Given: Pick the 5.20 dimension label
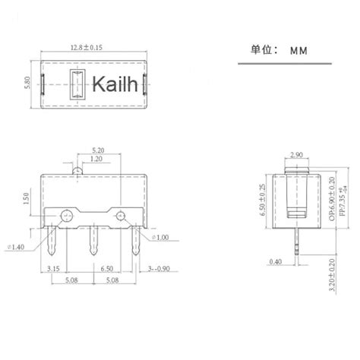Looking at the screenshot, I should pyautogui.click(x=98, y=150).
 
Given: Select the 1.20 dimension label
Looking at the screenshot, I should pyautogui.click(x=96, y=160).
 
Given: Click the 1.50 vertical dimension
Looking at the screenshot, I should pyautogui.click(x=28, y=199).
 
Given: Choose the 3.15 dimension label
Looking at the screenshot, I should pyautogui.click(x=54, y=270).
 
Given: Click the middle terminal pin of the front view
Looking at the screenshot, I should pyautogui.click(x=93, y=244).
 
